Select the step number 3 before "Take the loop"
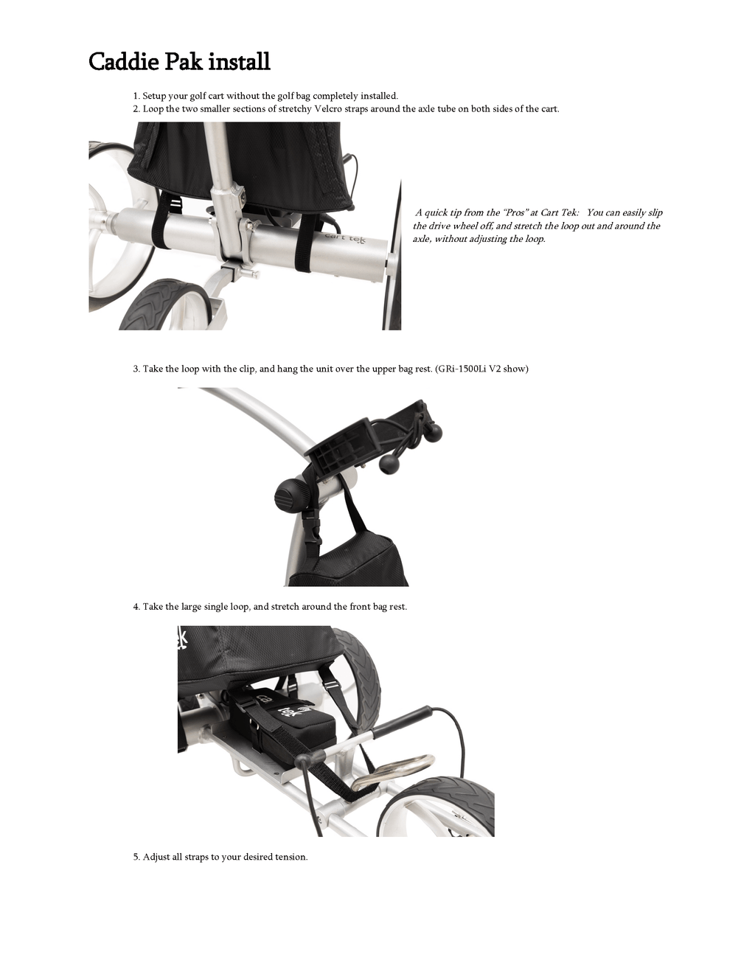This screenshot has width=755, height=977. (136, 369)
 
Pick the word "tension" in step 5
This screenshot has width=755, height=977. (289, 857)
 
